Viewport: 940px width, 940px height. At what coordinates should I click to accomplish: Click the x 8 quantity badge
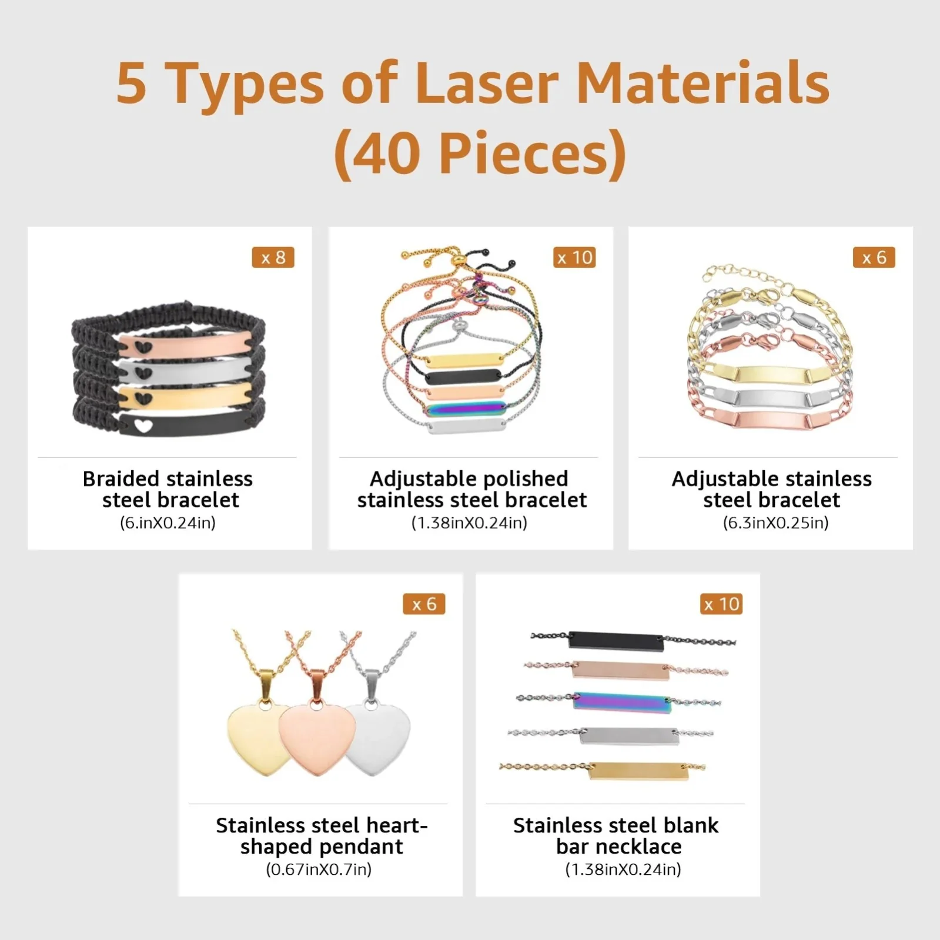[x=273, y=257]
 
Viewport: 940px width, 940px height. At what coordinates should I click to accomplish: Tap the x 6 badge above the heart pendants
[x=424, y=604]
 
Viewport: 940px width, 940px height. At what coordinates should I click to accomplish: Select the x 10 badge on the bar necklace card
[x=721, y=604]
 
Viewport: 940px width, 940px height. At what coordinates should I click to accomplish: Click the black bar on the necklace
[x=616, y=640]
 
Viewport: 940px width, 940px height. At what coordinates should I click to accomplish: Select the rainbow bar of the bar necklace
[x=621, y=703]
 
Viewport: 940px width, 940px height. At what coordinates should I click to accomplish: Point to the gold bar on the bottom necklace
[x=638, y=771]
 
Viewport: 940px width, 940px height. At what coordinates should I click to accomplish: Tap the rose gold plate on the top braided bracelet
[x=185, y=344]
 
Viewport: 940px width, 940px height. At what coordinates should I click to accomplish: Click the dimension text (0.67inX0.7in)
[x=319, y=869]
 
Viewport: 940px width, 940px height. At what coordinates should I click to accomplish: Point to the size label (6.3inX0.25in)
[x=775, y=522]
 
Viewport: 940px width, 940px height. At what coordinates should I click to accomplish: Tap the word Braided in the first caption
[x=121, y=479]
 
